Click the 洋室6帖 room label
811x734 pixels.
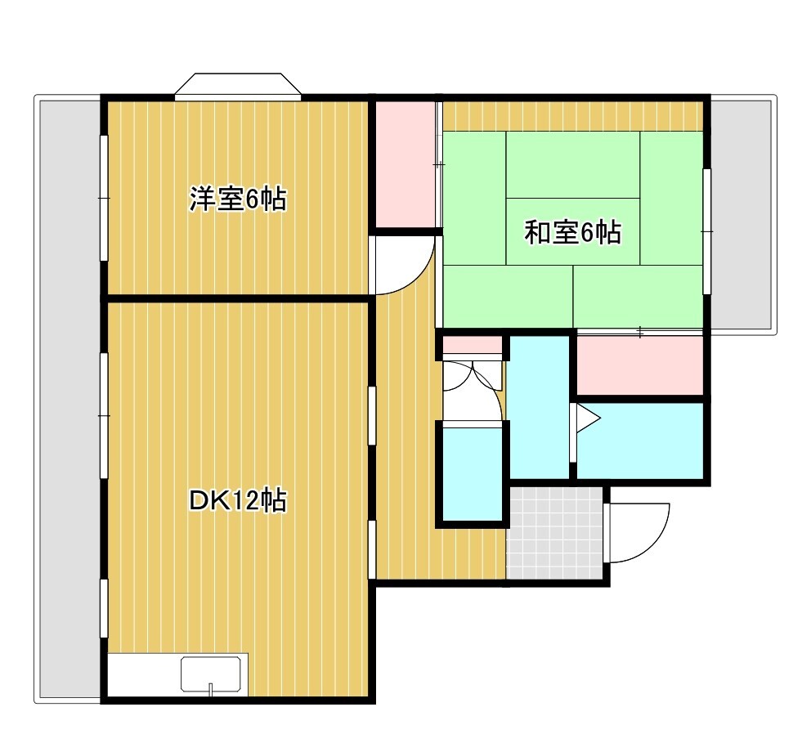click(x=237, y=199)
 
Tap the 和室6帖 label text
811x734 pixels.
click(x=572, y=232)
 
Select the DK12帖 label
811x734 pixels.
click(x=238, y=500)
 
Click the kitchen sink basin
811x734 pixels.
click(x=210, y=674)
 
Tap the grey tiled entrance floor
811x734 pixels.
click(x=554, y=533)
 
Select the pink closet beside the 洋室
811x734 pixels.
click(x=405, y=164)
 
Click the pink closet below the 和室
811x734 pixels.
click(x=640, y=365)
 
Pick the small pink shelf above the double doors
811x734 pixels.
click(x=473, y=344)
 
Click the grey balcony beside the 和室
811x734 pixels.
click(x=742, y=215)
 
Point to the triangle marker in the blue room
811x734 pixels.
click(x=588, y=418)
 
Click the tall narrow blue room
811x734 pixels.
click(x=540, y=407)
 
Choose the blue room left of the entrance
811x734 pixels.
click(x=473, y=474)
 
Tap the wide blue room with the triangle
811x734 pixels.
click(x=640, y=441)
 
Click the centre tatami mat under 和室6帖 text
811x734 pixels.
click(x=572, y=231)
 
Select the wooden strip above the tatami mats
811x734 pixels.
click(x=573, y=116)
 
